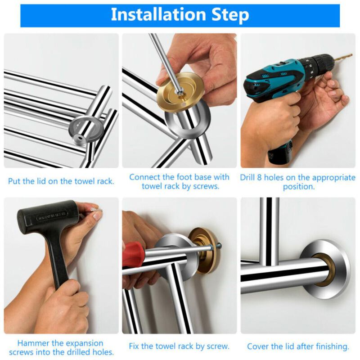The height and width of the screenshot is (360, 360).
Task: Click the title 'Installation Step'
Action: click(x=180, y=15)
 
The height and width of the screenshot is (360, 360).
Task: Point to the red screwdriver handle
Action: click(x=134, y=254)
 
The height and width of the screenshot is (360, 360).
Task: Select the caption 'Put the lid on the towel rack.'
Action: click(x=61, y=181)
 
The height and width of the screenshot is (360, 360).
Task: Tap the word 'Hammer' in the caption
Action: click(x=33, y=343)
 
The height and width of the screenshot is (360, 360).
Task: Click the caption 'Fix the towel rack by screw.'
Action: click(x=179, y=346)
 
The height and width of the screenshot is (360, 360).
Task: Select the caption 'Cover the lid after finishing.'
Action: click(x=298, y=346)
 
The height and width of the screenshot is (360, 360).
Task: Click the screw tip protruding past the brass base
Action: click(x=219, y=246)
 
